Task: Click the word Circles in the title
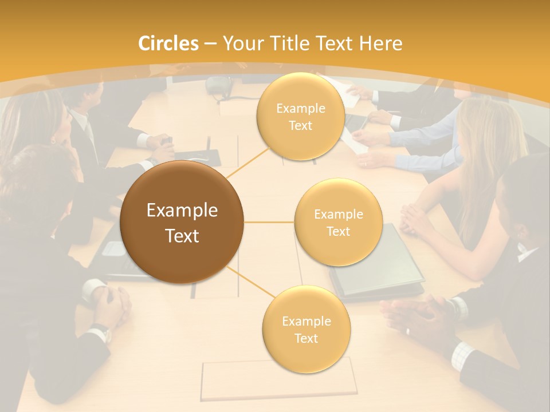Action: click(x=168, y=43)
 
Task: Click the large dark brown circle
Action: click(x=182, y=222)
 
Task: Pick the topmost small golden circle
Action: click(x=300, y=117)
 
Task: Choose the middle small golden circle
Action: click(x=338, y=223)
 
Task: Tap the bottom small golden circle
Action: click(x=306, y=329)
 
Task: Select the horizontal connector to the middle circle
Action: click(x=269, y=222)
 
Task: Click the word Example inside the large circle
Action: click(x=182, y=211)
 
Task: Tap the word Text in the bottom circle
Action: click(x=306, y=338)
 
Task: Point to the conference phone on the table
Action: click(x=219, y=86)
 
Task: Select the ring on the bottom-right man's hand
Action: click(x=407, y=331)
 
